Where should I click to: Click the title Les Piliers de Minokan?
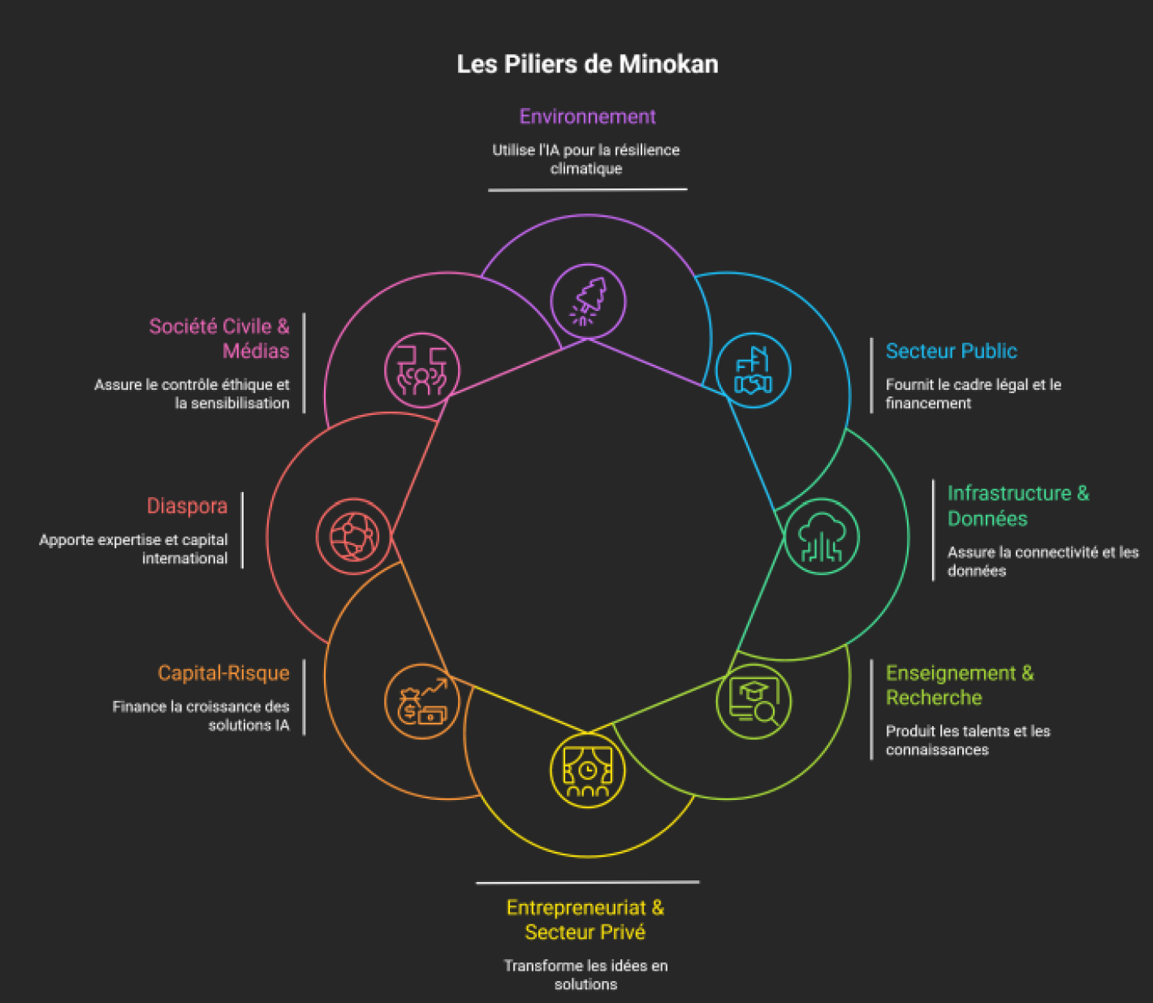[x=587, y=64]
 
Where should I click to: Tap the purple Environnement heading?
[x=587, y=117]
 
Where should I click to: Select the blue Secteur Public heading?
[x=952, y=351]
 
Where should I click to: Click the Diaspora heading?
[x=187, y=506]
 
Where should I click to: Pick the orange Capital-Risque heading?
[x=224, y=673]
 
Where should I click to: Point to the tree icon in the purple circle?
[x=588, y=300]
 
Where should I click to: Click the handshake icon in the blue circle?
[x=754, y=370]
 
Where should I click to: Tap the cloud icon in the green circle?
[x=823, y=537]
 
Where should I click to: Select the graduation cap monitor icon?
[x=754, y=701]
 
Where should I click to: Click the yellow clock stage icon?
[x=587, y=771]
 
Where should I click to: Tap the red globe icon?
[x=354, y=537]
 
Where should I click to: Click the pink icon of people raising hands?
[x=422, y=371]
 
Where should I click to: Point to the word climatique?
[x=586, y=169]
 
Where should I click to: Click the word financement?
[x=928, y=404]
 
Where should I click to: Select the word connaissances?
[x=937, y=750]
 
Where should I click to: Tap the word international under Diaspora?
[x=185, y=559]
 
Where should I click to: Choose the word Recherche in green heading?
[x=934, y=698]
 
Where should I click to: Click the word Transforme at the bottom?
[x=542, y=966]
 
